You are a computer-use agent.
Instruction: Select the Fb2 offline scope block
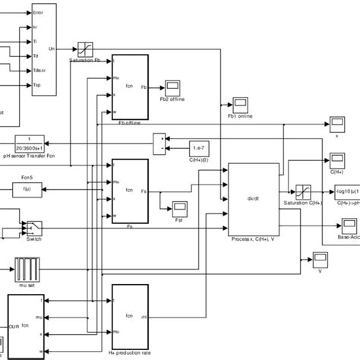[172, 85]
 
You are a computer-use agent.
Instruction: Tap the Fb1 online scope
[241, 102]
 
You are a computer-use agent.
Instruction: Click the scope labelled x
[336, 122]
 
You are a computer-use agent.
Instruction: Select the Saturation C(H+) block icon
[302, 192]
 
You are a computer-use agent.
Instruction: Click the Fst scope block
[180, 207]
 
